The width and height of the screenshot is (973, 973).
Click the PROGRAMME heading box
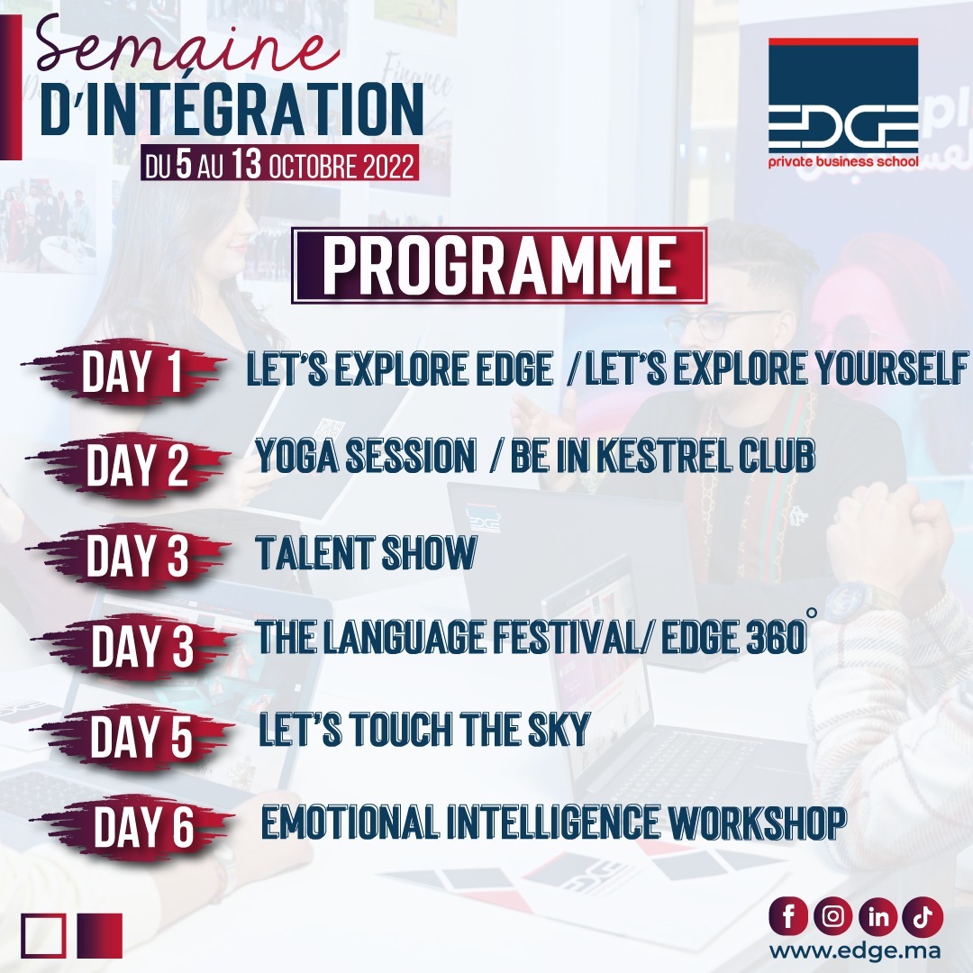click(499, 265)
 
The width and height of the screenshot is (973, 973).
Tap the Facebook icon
click(790, 917)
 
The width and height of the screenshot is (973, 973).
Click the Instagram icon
click(833, 917)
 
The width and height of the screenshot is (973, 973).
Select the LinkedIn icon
click(878, 917)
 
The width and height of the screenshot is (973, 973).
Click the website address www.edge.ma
click(855, 951)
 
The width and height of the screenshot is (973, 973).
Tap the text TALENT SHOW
click(366, 554)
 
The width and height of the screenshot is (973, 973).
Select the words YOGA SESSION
click(365, 459)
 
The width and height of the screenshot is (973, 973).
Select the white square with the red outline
click(43, 936)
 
